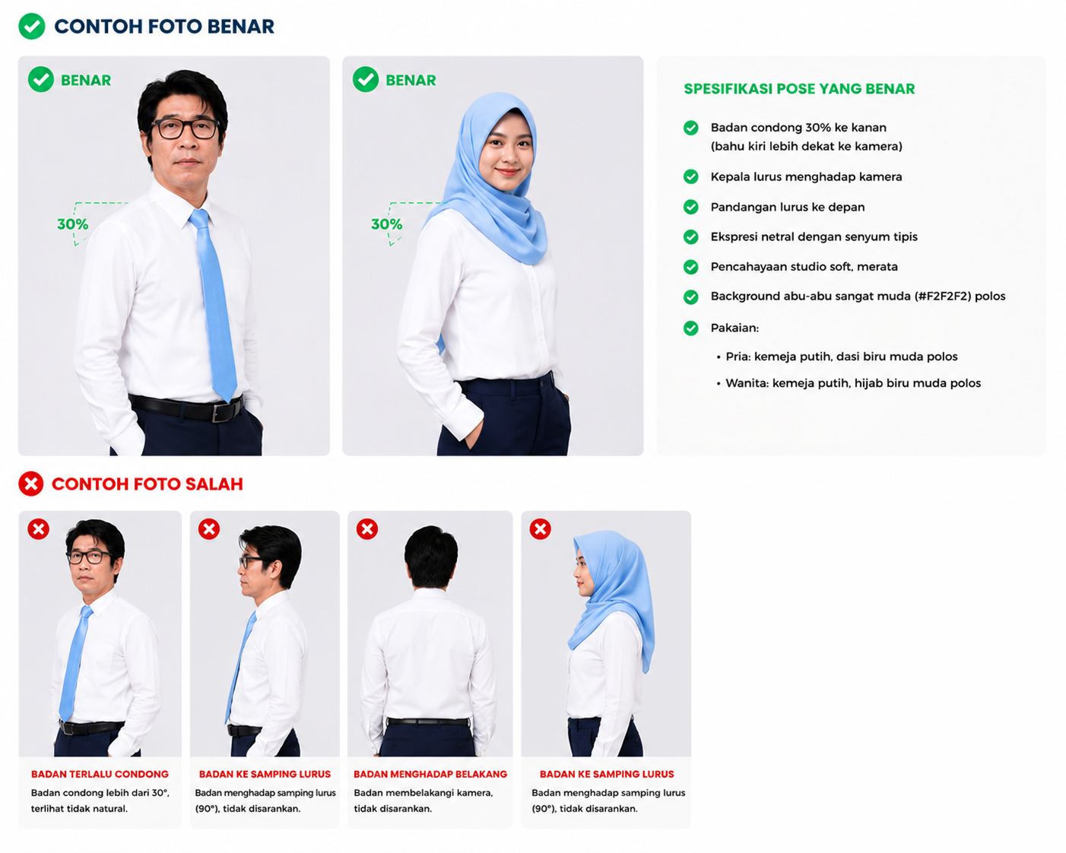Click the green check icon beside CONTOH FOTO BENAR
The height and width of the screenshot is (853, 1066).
click(x=32, y=27)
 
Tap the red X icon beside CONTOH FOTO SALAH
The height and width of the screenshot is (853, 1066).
click(x=31, y=484)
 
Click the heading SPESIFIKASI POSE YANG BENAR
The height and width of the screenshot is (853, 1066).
click(x=799, y=89)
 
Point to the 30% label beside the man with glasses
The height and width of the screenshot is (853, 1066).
click(x=73, y=224)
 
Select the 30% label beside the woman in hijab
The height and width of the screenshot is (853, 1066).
click(x=387, y=224)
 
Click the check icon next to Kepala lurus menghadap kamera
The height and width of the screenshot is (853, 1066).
click(x=690, y=177)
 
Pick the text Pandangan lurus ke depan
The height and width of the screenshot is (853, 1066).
click(x=788, y=207)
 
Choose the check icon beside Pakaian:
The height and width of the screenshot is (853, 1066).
click(x=690, y=328)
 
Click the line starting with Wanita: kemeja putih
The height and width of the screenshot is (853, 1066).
click(x=853, y=383)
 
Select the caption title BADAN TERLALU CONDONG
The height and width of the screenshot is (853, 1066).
click(x=100, y=774)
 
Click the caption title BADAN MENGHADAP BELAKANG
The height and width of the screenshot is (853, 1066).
click(x=430, y=774)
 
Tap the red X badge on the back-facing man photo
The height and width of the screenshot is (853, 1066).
click(x=367, y=529)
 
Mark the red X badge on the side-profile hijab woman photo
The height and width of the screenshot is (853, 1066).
click(x=541, y=529)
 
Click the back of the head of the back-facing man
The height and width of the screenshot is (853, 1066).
click(x=431, y=556)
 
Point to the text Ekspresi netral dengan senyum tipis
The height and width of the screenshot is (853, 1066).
click(x=814, y=236)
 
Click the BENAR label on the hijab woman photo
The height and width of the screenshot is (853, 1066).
click(x=411, y=81)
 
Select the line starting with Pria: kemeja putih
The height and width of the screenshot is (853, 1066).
click(x=842, y=357)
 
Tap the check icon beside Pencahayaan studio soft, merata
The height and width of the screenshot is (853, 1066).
click(x=690, y=267)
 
